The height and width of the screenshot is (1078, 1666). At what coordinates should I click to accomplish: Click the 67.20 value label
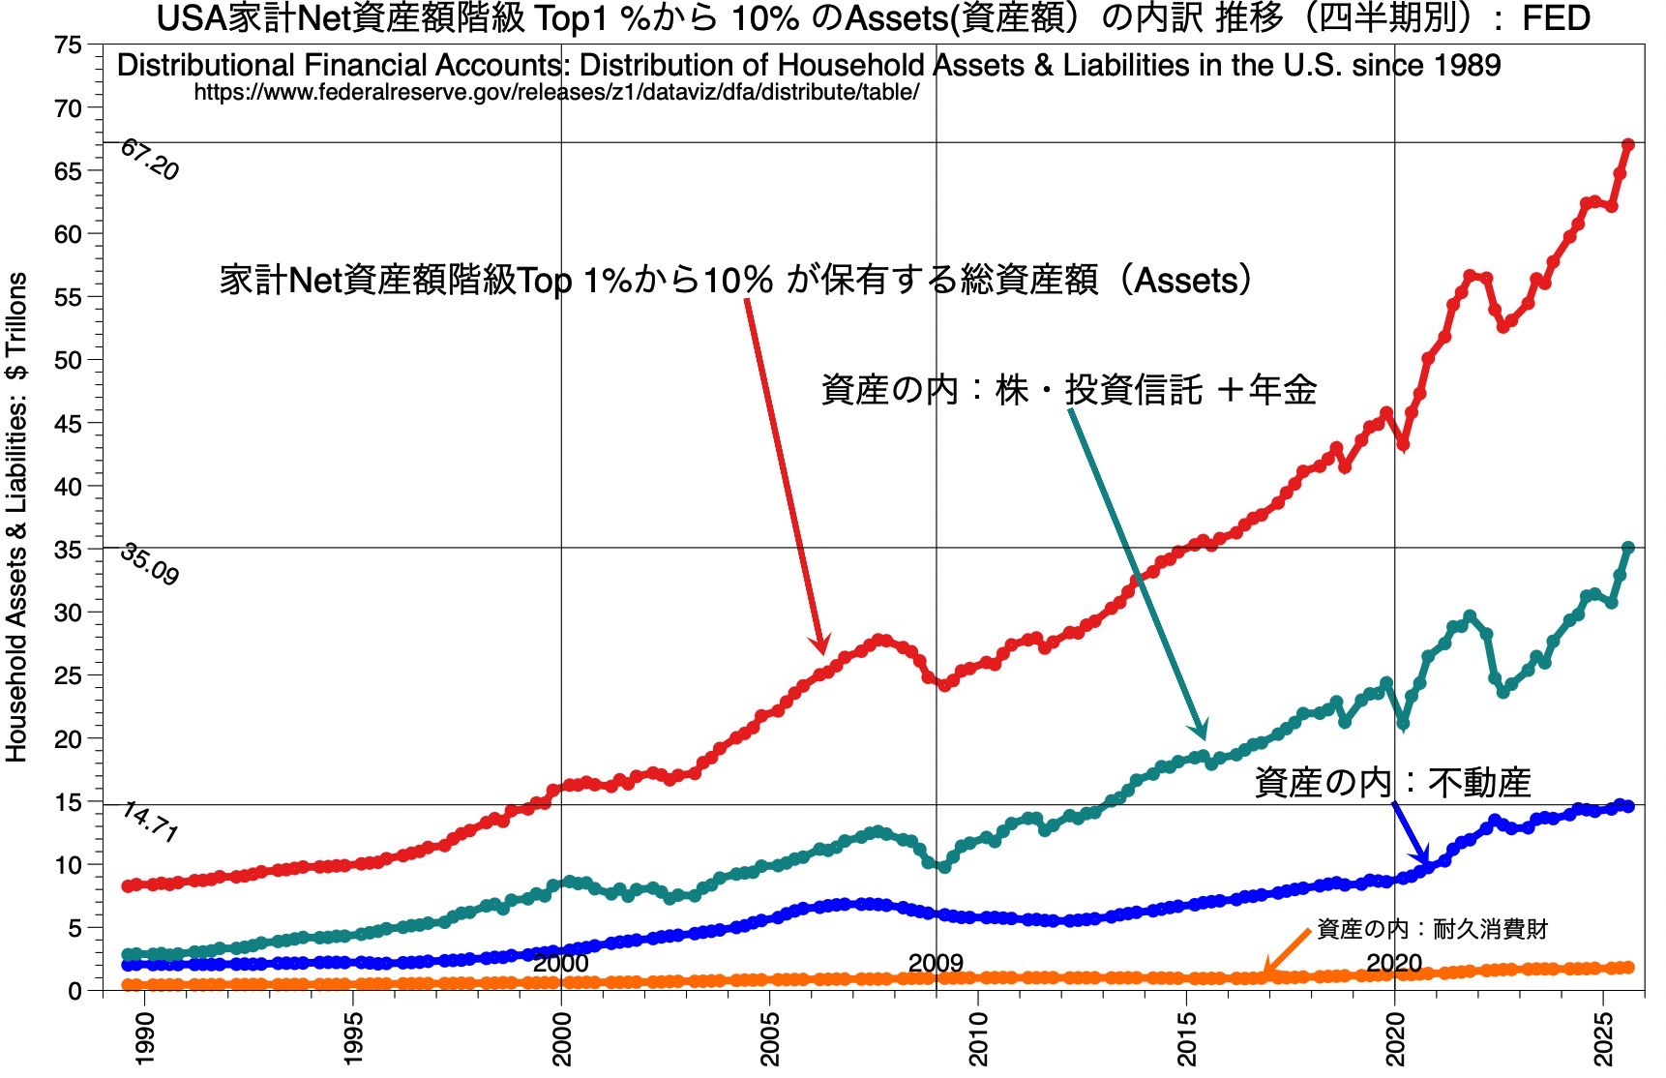click(150, 161)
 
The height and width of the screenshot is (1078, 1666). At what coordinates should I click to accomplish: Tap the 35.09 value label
click(150, 565)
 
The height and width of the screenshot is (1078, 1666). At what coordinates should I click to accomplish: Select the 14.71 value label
click(150, 823)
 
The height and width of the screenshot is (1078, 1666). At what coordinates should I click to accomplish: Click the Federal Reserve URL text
click(556, 93)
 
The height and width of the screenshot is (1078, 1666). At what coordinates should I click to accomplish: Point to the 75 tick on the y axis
click(69, 45)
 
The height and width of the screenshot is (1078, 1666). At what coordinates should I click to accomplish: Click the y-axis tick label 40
click(69, 487)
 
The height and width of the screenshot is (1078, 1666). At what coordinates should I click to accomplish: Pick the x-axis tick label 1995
click(354, 1038)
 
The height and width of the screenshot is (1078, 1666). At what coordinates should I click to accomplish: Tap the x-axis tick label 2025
click(1604, 1038)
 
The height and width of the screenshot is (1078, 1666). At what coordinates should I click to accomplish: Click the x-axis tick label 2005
click(771, 1038)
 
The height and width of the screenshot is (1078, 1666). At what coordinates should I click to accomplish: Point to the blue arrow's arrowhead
click(1424, 860)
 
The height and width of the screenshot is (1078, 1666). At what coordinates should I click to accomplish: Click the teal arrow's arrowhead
click(1202, 733)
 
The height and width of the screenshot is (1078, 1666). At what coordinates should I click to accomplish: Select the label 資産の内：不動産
click(1392, 782)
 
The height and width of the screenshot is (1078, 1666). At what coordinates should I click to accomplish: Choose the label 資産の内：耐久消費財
click(1432, 930)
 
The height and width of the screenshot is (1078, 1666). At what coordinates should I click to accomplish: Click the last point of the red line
click(1628, 145)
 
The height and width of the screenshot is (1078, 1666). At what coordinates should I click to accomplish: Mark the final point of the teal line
click(1628, 549)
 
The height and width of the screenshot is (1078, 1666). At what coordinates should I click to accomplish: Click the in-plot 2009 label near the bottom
click(936, 963)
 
